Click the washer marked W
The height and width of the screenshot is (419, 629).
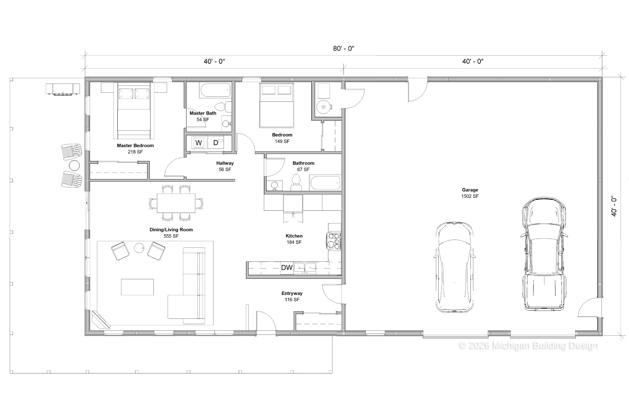point(198,143)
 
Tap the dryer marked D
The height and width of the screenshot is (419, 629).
point(216,143)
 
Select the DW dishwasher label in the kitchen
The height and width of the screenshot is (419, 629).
point(287,268)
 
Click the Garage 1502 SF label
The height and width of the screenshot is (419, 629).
point(470,193)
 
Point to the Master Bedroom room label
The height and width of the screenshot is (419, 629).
point(135,145)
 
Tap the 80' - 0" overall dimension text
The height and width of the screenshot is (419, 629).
point(344,48)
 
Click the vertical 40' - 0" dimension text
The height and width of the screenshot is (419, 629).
point(614,206)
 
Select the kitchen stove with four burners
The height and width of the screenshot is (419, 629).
point(334,241)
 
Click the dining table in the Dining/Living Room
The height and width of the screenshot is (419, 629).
point(176,203)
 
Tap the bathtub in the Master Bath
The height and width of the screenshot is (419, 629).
point(215,90)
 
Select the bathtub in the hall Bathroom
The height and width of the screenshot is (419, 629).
point(325,183)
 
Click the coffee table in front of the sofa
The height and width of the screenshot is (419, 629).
point(137,287)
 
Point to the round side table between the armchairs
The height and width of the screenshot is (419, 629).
point(139,248)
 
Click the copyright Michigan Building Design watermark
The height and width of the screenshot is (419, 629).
point(528,346)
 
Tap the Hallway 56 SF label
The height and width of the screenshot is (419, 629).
point(225,166)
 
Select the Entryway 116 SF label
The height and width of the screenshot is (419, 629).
point(292,297)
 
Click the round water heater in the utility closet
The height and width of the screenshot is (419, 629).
point(323,107)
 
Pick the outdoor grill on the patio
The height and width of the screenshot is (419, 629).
point(63,89)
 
